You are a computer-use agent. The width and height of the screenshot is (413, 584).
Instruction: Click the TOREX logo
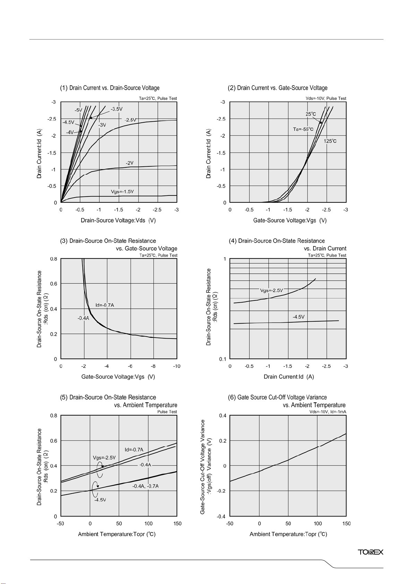click(370, 552)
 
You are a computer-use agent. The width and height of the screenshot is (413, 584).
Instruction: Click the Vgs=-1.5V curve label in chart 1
click(122, 192)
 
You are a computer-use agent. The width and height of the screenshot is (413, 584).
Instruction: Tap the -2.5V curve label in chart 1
click(130, 120)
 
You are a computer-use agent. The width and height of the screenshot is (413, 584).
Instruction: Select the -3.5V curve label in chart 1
click(117, 109)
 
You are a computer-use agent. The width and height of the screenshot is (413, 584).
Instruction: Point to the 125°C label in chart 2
click(330, 141)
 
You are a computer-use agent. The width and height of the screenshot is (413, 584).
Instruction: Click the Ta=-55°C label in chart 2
click(303, 129)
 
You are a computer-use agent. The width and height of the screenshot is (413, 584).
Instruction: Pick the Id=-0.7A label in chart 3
click(105, 305)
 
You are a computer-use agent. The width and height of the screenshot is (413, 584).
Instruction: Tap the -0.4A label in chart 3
click(83, 318)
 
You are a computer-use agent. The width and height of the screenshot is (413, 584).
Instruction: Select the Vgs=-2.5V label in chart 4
click(271, 290)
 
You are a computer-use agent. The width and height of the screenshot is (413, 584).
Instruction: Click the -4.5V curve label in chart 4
click(299, 317)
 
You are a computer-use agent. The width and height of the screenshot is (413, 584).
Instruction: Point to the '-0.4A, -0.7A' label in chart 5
click(145, 486)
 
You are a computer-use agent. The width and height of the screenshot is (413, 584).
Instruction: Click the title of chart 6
click(287, 401)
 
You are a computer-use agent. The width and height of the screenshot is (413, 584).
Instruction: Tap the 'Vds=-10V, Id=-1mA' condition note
click(328, 412)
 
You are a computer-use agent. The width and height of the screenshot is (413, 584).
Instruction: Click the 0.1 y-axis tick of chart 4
click(223, 359)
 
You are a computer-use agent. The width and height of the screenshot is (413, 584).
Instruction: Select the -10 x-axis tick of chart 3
click(177, 366)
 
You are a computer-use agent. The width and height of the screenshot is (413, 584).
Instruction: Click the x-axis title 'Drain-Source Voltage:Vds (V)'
click(118, 220)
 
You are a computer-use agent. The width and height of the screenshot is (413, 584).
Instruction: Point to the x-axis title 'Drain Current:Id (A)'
click(289, 377)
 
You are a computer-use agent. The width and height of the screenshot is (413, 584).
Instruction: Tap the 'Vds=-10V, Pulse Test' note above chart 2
click(326, 98)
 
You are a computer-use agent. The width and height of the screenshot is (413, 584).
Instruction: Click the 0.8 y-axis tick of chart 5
click(54, 416)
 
